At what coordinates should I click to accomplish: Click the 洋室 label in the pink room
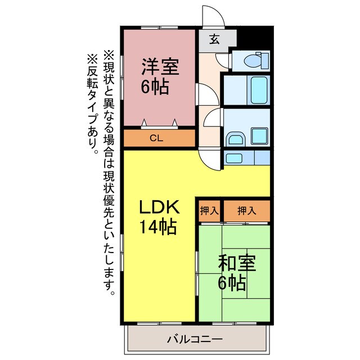[160, 67]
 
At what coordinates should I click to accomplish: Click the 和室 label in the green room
[238, 263]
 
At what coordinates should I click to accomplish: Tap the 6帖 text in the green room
[232, 283]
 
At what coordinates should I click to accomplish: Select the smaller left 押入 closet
[209, 211]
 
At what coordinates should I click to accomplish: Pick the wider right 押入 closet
[246, 211]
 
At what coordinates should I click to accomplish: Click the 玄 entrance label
[215, 39]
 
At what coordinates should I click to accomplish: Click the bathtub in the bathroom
[259, 88]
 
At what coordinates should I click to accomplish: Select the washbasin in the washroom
[233, 139]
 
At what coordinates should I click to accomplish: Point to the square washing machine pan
[259, 136]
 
